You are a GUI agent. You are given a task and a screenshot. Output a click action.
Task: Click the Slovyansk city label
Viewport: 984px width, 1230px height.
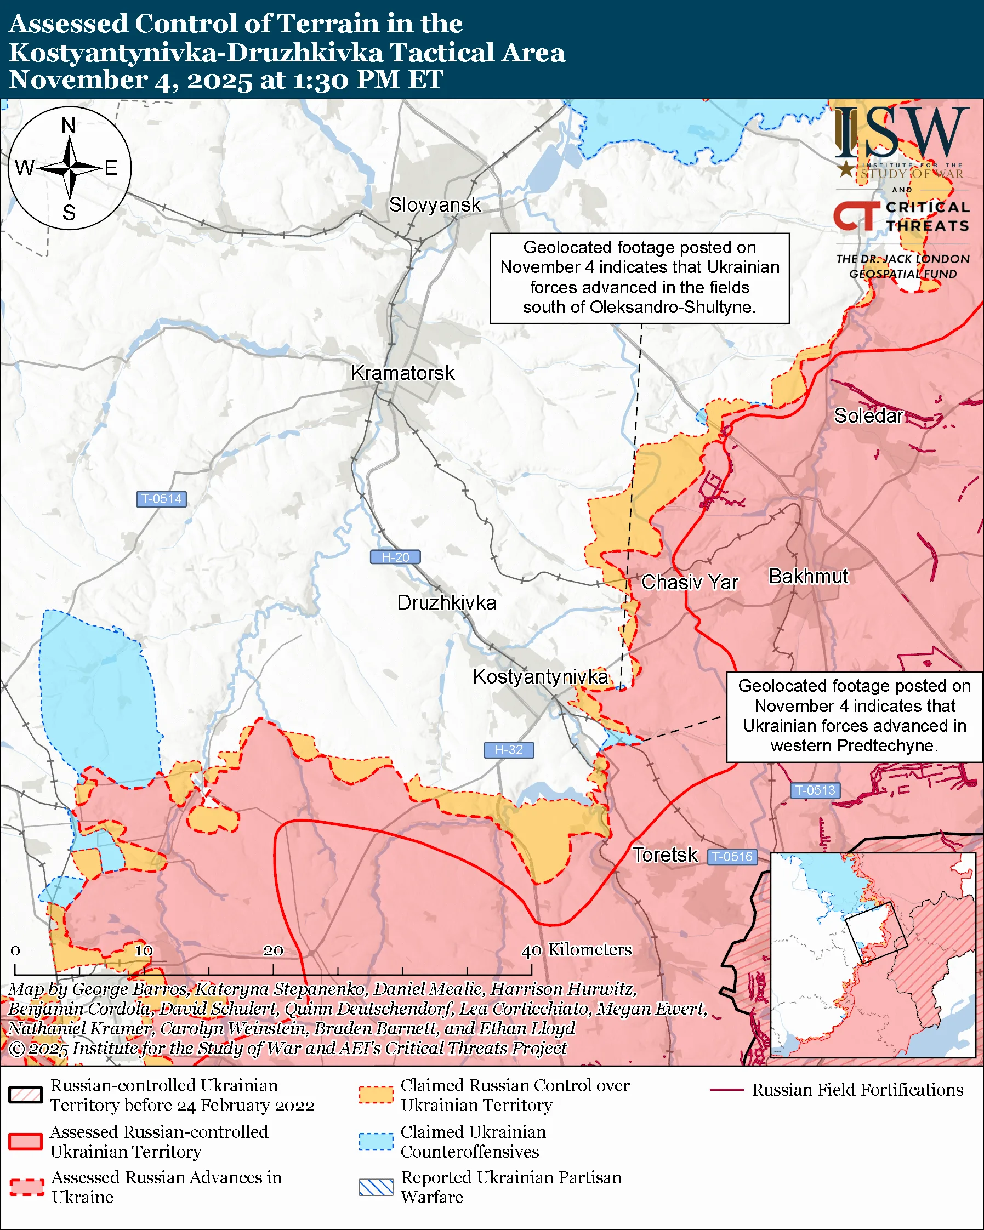(435, 205)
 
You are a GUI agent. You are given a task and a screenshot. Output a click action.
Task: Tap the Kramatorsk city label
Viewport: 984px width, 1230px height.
(403, 373)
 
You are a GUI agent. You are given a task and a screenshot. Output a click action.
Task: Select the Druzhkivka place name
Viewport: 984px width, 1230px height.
(446, 603)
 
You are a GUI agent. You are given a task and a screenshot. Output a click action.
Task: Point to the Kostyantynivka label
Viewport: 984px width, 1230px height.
(540, 676)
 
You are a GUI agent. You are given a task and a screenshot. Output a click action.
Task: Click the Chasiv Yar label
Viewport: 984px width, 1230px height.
(689, 583)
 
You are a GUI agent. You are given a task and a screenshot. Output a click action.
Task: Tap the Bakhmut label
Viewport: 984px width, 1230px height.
(809, 577)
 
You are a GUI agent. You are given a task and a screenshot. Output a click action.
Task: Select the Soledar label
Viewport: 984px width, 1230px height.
(868, 416)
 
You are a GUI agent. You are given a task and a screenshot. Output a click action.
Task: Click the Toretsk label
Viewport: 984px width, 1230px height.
(664, 855)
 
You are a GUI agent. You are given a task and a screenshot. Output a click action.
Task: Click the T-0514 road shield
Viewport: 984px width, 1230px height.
(161, 499)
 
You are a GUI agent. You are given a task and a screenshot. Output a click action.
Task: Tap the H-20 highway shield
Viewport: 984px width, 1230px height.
(395, 557)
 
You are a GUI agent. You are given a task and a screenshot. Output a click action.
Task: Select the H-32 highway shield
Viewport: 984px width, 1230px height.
(508, 750)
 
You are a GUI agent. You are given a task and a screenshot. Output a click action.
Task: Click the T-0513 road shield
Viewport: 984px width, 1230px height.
(815, 791)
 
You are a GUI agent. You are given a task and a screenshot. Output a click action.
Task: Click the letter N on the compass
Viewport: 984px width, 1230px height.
(69, 126)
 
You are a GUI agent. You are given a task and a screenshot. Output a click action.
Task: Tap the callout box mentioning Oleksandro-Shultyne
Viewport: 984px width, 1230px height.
(639, 278)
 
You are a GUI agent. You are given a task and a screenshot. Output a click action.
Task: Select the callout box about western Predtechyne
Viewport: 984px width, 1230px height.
(854, 716)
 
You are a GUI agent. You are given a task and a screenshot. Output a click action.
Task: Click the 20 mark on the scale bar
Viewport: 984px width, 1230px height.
(273, 951)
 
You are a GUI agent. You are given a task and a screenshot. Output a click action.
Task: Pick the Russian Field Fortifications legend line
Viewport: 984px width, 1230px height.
(727, 1090)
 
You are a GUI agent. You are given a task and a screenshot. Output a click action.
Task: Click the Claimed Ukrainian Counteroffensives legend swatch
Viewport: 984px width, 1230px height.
(376, 1142)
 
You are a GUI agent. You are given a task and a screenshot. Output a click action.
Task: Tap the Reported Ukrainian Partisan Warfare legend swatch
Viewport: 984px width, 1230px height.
(376, 1187)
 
